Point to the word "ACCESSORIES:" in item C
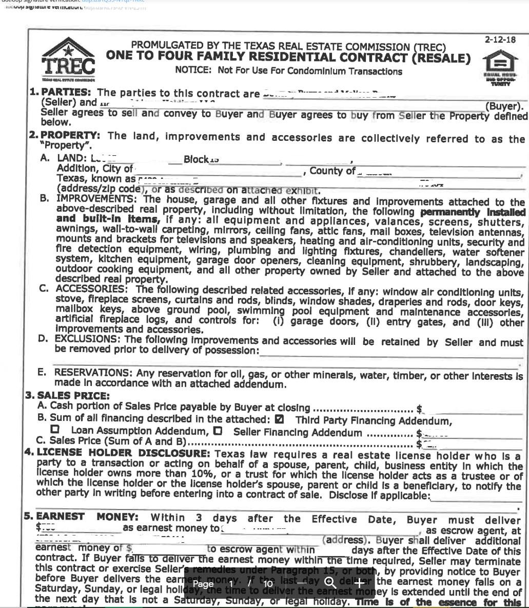[x=83, y=290]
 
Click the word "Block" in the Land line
[x=196, y=159]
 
